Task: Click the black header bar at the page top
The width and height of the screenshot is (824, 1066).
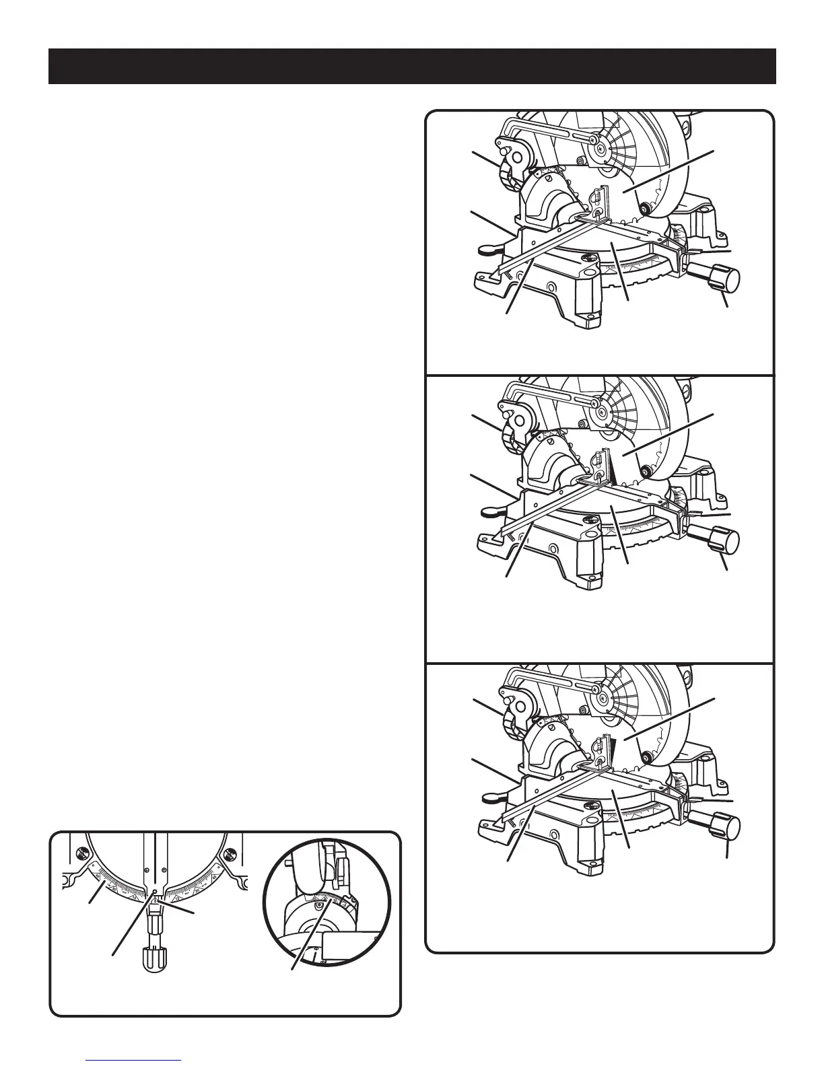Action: [412, 66]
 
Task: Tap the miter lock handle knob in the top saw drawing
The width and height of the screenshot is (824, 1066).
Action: [724, 278]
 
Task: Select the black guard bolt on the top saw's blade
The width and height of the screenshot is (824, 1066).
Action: [646, 209]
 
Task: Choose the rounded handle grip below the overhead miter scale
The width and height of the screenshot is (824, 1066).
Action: [154, 957]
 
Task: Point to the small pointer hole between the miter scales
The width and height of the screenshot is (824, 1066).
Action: [155, 892]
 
